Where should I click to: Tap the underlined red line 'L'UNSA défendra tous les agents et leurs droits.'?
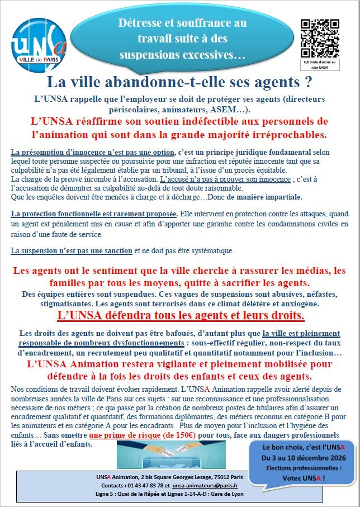click(x=181, y=316)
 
